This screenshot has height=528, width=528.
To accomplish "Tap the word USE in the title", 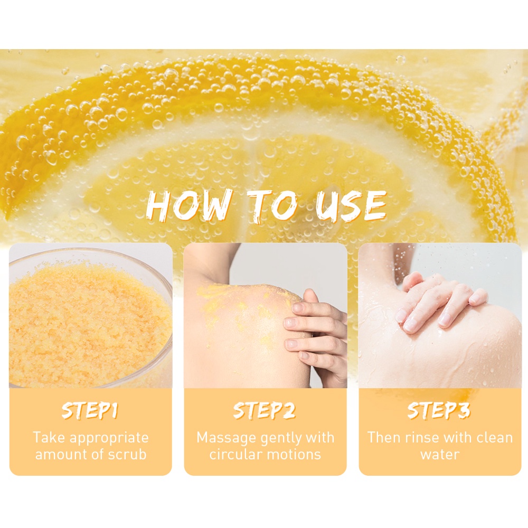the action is pyautogui.click(x=351, y=206).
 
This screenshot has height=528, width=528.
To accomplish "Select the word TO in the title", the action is pyautogui.click(x=273, y=206).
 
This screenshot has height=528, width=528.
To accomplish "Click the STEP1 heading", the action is pyautogui.click(x=90, y=411).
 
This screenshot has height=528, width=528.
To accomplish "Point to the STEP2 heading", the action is pyautogui.click(x=265, y=411).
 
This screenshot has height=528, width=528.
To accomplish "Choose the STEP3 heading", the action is pyautogui.click(x=439, y=411).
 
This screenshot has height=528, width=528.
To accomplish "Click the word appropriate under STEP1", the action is pyautogui.click(x=109, y=438).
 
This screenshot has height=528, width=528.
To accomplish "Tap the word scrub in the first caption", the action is pyautogui.click(x=127, y=455).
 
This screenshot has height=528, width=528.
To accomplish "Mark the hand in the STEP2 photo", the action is pyautogui.click(x=315, y=337).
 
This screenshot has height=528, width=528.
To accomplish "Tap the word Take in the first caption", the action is pyautogui.click(x=50, y=438).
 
